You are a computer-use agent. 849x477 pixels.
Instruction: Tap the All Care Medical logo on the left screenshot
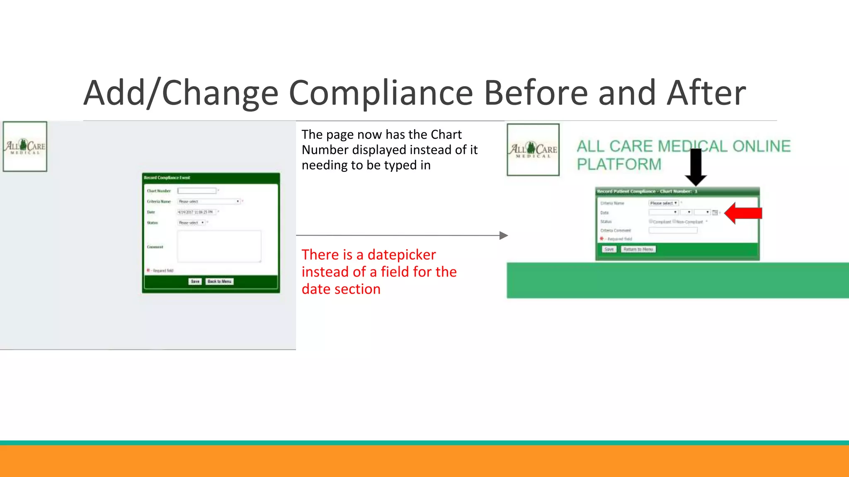coord(25,147)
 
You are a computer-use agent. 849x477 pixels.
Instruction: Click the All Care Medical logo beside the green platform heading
coord(533,150)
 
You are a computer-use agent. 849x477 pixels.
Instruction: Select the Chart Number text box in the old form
coord(197,191)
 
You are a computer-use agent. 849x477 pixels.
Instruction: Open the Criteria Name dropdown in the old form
coord(209,202)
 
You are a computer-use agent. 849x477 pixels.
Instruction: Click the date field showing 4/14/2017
coord(196,212)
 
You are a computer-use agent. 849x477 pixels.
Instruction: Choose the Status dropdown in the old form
coord(192,223)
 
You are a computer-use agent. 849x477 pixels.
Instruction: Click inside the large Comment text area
coord(219,246)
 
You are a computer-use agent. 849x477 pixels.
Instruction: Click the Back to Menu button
coord(220,282)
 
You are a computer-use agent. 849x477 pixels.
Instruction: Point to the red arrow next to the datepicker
coord(743,213)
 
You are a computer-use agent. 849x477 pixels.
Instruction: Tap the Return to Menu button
coord(638,249)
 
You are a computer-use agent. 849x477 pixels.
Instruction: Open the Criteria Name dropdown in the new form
coord(663,203)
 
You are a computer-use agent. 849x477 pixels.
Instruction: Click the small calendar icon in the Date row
coord(715,212)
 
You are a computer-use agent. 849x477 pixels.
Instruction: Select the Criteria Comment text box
coord(673,230)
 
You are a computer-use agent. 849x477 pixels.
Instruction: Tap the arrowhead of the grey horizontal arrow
coord(503,236)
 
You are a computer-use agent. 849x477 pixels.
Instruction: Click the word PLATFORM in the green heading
coord(619,164)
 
